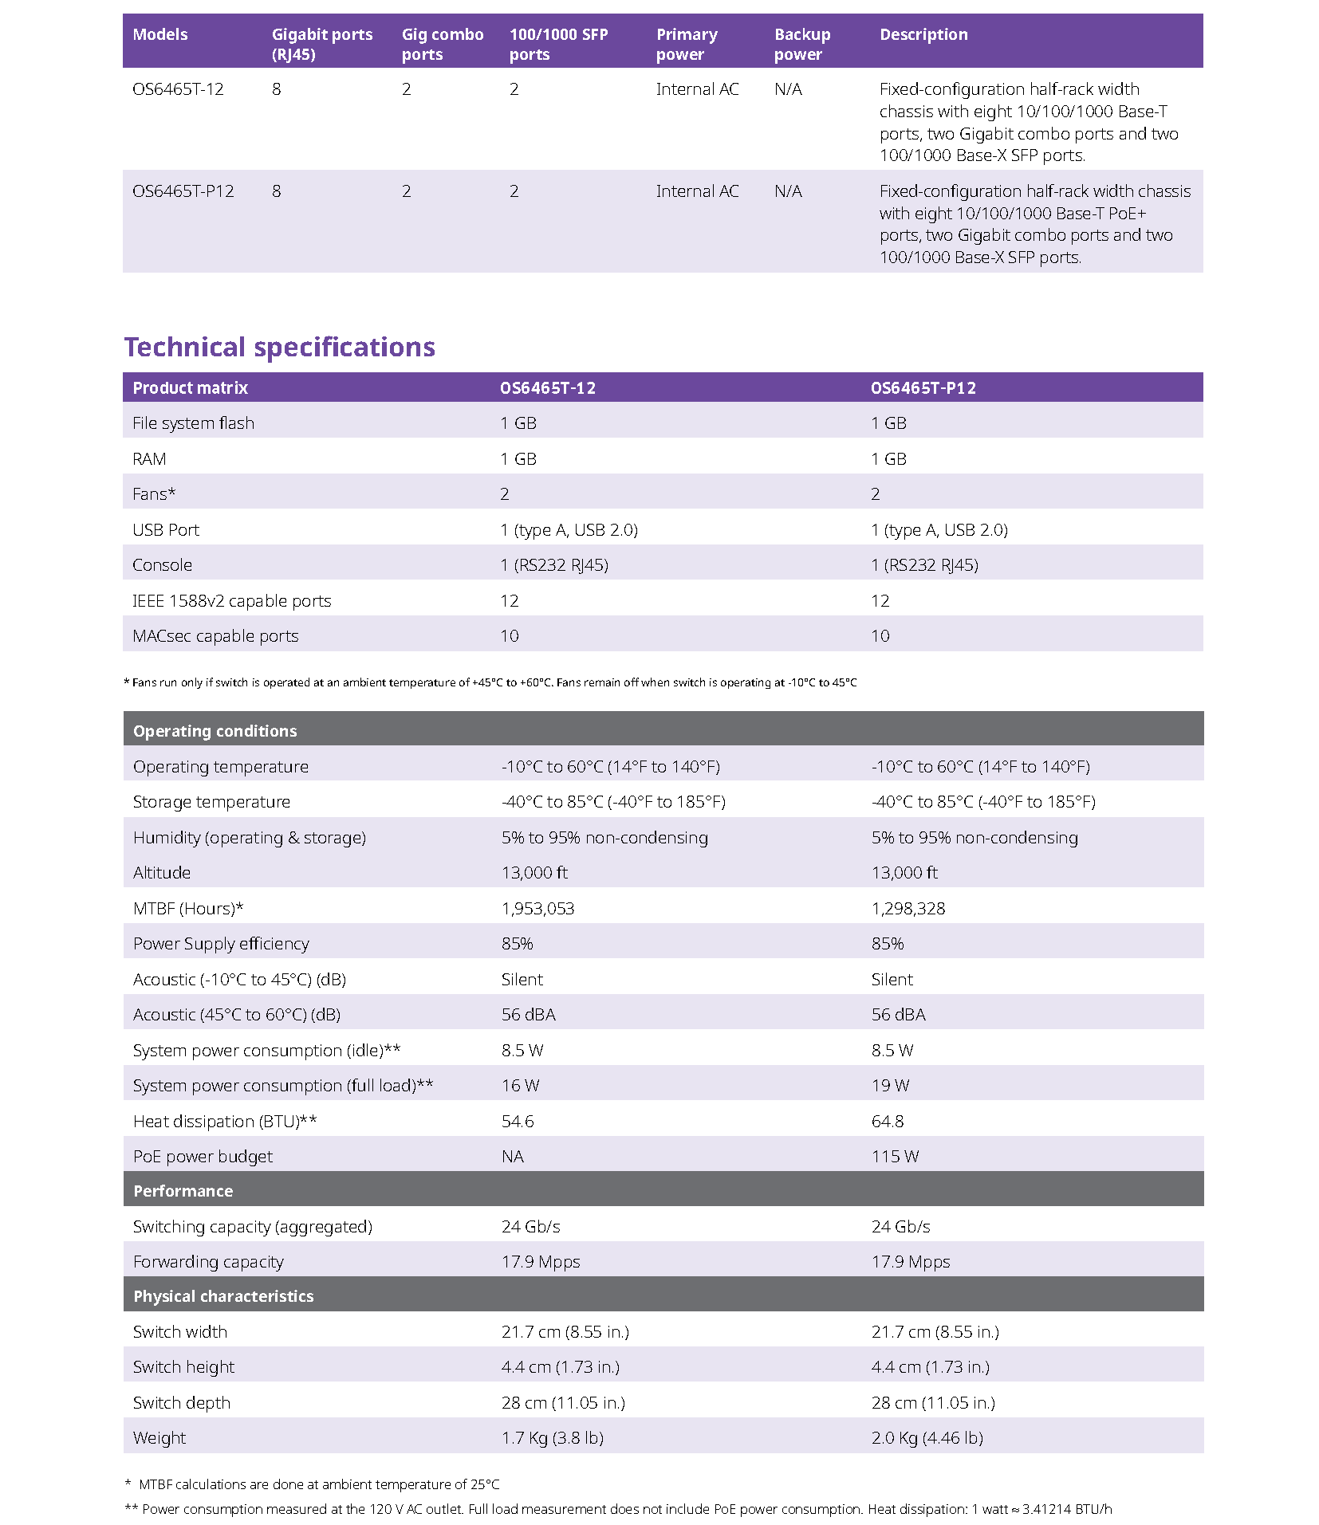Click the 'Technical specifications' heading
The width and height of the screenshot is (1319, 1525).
pos(279,348)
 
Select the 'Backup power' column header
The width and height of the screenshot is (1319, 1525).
pos(801,45)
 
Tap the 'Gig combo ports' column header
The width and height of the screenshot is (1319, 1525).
pos(442,45)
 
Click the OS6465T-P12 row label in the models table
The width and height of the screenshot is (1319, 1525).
pos(183,191)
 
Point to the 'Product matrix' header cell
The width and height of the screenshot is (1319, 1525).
pos(190,388)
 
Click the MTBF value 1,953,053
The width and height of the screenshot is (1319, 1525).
pos(537,909)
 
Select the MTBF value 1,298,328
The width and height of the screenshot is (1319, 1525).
pos(908,909)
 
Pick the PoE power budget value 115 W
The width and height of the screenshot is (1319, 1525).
pos(895,1157)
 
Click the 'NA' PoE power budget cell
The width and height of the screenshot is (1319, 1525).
pos(512,1157)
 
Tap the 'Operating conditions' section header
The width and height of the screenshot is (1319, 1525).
pos(215,731)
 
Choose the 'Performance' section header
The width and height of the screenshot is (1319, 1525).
pos(183,1191)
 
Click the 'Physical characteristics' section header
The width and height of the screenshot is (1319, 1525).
pos(223,1296)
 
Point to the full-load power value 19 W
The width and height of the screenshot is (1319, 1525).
pos(890,1086)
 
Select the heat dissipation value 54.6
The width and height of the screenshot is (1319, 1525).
pos(518,1122)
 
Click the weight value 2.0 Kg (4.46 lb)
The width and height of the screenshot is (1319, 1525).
pos(927,1438)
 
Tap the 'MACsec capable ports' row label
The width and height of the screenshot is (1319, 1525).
pos(215,636)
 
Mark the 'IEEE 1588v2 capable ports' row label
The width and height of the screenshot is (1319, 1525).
pos(231,601)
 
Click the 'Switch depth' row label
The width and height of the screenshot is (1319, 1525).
pos(181,1403)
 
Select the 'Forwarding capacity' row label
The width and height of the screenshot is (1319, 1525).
pos(208,1262)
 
